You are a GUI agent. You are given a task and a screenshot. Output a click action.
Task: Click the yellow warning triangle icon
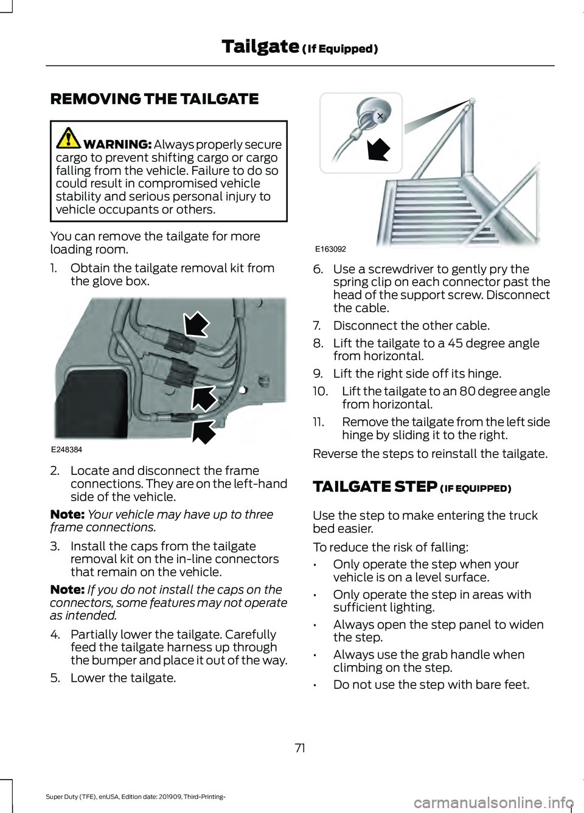pyautogui.click(x=68, y=138)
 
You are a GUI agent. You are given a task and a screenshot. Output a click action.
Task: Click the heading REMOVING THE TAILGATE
pyautogui.click(x=155, y=99)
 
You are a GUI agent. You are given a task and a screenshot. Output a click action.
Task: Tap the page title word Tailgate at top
pyautogui.click(x=260, y=46)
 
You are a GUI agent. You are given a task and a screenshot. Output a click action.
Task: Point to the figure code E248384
pyautogui.click(x=66, y=450)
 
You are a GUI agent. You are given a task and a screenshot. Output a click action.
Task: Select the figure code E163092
pyautogui.click(x=330, y=249)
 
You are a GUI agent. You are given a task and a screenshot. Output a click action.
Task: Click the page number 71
pyautogui.click(x=300, y=748)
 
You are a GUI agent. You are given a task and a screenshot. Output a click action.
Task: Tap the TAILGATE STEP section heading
pyautogui.click(x=375, y=487)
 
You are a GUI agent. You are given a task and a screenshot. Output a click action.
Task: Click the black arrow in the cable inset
pyautogui.click(x=378, y=148)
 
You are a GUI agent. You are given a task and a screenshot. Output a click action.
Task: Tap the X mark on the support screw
pyautogui.click(x=380, y=116)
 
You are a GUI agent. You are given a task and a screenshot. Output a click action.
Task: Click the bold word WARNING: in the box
pyautogui.click(x=117, y=145)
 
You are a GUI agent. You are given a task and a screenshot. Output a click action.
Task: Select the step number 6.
pyautogui.click(x=318, y=269)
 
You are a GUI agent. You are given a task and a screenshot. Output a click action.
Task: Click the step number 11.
pyautogui.click(x=318, y=422)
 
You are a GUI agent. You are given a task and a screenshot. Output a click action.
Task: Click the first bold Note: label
pyautogui.click(x=67, y=515)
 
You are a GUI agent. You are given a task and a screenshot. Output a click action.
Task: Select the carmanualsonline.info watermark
pyautogui.click(x=493, y=803)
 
